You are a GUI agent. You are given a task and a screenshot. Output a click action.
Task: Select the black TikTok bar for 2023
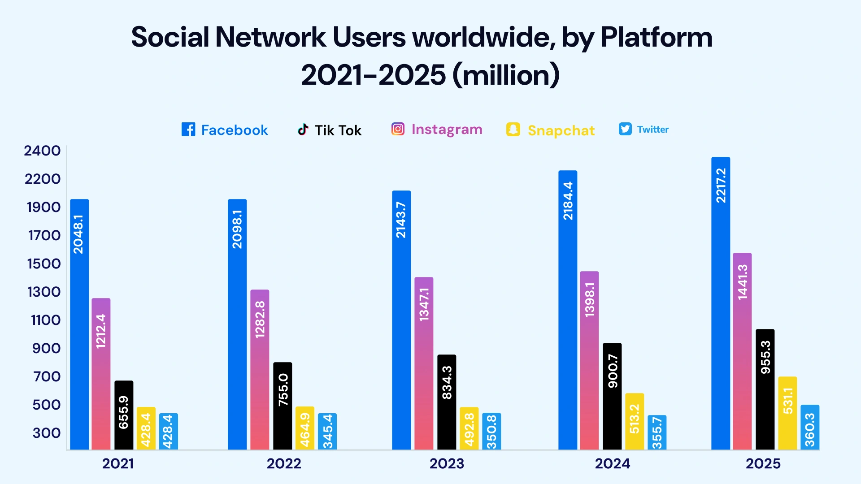tap(447, 402)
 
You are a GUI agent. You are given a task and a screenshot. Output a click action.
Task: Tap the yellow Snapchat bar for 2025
tap(787, 413)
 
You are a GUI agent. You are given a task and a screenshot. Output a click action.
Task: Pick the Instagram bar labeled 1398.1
tap(589, 360)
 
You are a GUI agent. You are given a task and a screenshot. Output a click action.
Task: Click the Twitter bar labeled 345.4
tap(327, 431)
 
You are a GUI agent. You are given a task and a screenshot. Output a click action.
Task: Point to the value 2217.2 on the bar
tap(721, 186)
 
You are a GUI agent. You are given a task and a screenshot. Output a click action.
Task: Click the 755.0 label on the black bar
tap(283, 390)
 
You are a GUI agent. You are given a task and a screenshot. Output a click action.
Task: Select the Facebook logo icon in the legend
tap(188, 130)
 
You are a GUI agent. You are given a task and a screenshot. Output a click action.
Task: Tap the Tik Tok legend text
tap(338, 130)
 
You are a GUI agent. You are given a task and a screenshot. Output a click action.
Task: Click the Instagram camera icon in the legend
tap(398, 129)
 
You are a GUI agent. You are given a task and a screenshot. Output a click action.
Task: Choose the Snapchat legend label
tap(561, 130)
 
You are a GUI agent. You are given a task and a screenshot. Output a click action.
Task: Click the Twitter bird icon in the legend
tap(625, 129)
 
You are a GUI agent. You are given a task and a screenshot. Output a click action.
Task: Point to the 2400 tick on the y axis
tap(42, 151)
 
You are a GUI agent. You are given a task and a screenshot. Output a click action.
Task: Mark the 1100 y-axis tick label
tap(45, 320)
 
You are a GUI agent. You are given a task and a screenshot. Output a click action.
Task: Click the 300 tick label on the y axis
tap(46, 433)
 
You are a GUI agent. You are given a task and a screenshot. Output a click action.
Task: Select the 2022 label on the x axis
tap(284, 463)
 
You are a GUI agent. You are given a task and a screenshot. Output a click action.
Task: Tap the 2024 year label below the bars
tap(612, 463)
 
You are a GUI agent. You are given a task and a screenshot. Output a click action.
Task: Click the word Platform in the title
tap(656, 37)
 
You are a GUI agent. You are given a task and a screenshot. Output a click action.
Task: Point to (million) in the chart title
tap(506, 75)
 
